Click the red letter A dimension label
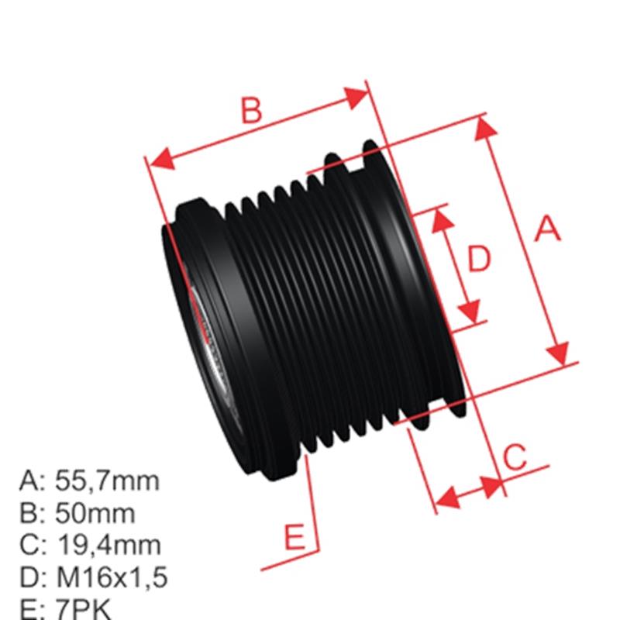(548, 229)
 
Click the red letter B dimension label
(250, 111)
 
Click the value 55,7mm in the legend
(108, 480)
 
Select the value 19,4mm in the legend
(108, 545)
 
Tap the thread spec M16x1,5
(112, 577)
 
